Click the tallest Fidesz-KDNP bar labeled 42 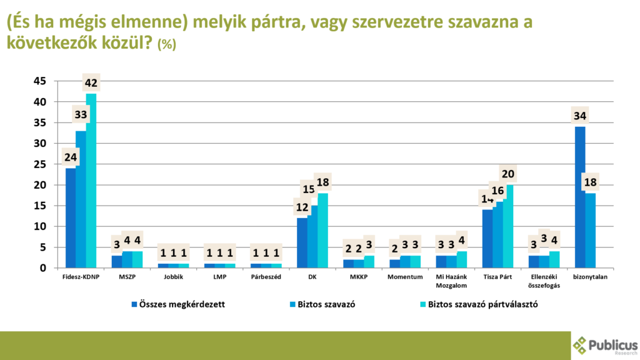point(91,181)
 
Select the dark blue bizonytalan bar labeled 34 point(580,197)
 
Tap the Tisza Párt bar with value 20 point(509,226)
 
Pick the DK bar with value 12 point(302,243)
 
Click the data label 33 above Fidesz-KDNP point(81,115)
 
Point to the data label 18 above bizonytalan point(590,182)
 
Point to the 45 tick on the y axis point(40,81)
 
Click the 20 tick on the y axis point(40,185)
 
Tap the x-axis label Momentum point(404,277)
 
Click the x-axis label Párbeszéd point(266,277)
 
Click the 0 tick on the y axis point(43,268)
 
